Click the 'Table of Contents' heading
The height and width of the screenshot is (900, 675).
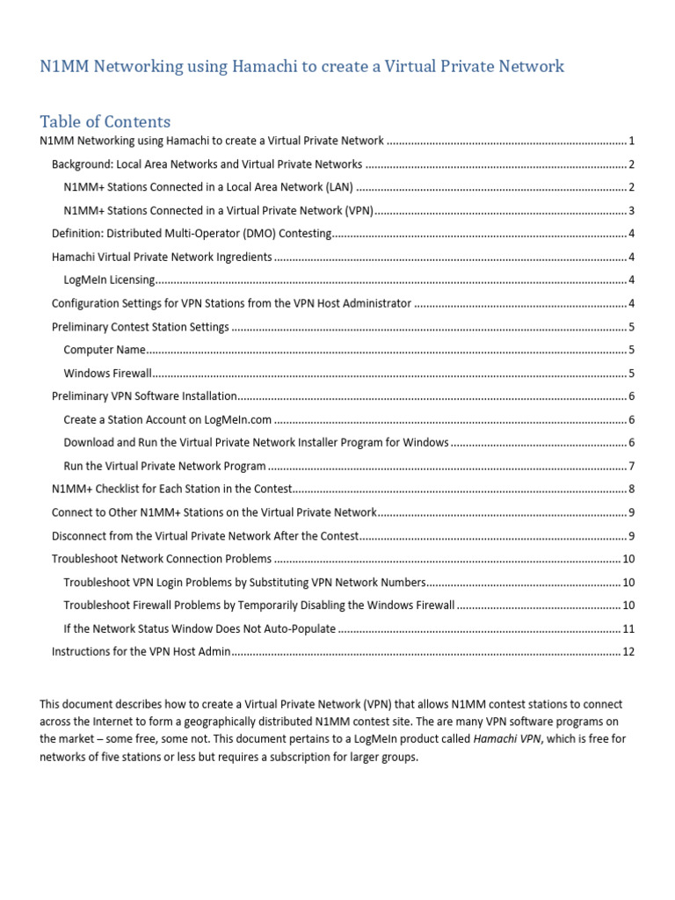click(x=105, y=121)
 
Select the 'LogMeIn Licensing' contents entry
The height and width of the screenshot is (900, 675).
click(x=109, y=280)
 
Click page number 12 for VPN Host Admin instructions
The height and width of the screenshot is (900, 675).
click(x=628, y=651)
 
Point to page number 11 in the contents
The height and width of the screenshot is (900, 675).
click(x=628, y=628)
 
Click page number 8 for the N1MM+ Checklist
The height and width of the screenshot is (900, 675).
click(x=631, y=489)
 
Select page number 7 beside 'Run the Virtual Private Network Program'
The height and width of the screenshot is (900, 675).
click(x=631, y=466)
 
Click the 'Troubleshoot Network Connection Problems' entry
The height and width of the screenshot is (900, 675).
click(x=162, y=559)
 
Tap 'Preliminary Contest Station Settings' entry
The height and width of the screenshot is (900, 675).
click(x=140, y=327)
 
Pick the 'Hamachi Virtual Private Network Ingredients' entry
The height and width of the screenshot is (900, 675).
click(x=162, y=257)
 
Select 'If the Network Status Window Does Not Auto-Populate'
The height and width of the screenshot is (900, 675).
click(x=200, y=628)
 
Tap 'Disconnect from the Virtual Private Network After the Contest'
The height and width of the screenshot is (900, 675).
click(x=205, y=535)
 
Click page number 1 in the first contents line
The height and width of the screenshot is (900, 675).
click(x=631, y=141)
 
